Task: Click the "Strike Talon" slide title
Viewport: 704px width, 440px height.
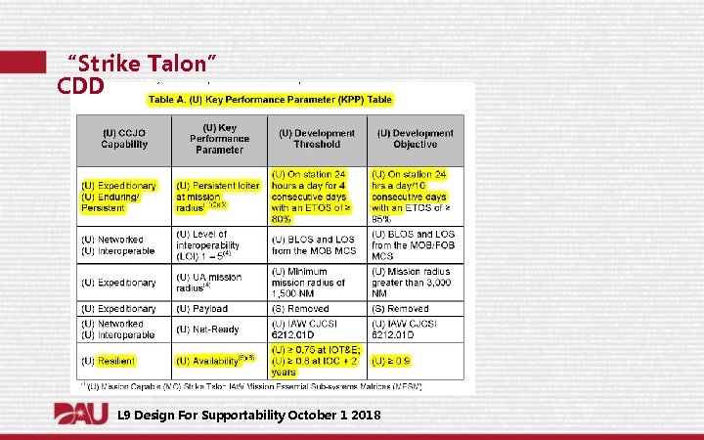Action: [141, 64]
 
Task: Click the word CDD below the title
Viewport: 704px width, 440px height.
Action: [81, 86]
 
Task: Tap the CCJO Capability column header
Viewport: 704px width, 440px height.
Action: [124, 138]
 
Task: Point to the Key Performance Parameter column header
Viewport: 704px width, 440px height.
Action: [219, 138]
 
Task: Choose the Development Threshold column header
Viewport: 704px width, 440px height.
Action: [317, 138]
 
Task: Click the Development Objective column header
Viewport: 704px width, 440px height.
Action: [415, 138]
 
